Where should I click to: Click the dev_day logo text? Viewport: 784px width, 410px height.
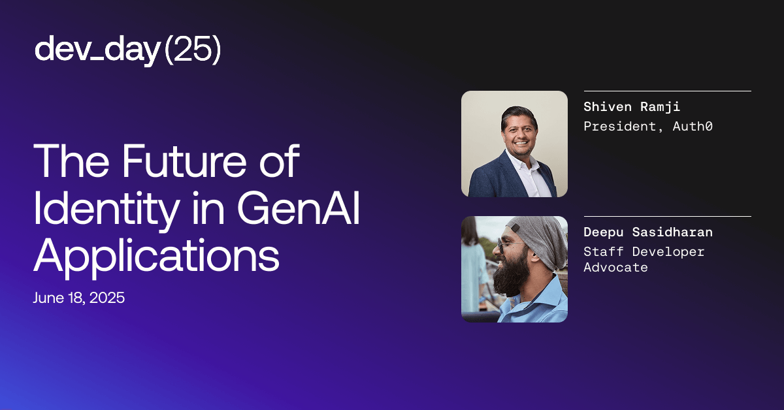97,50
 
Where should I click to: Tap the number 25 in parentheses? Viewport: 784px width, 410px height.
192,50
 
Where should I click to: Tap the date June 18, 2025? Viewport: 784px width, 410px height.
79,298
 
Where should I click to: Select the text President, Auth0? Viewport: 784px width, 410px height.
647,126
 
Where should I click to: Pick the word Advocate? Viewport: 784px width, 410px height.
615,267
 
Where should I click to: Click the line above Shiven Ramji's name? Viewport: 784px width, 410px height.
667,91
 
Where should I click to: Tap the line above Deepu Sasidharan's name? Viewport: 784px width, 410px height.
667,216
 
